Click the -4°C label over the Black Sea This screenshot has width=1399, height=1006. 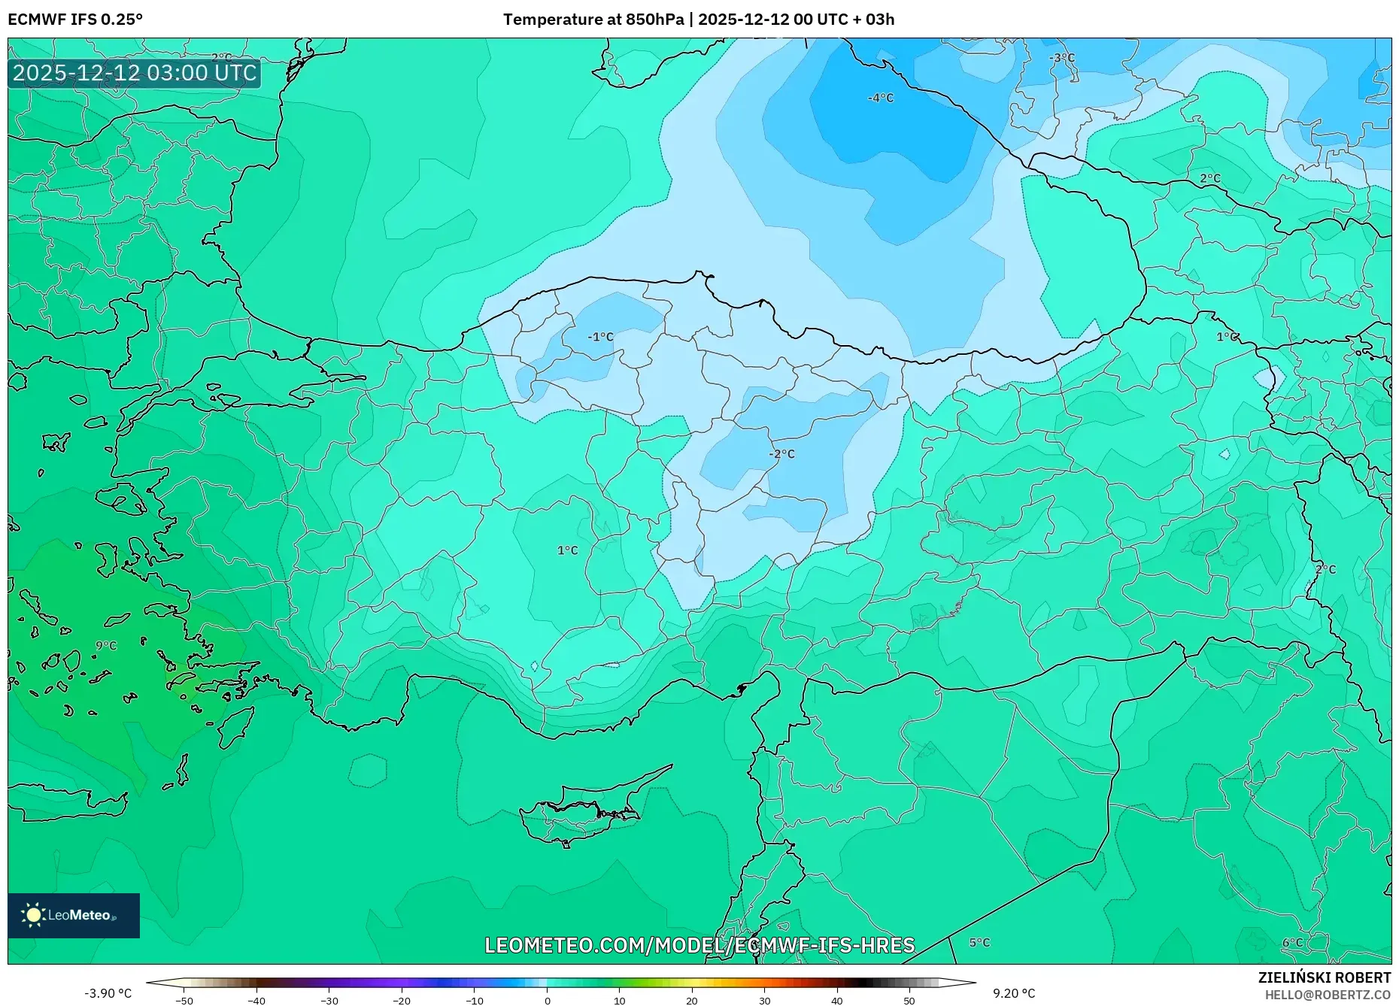(881, 98)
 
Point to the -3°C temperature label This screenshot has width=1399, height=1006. (1062, 58)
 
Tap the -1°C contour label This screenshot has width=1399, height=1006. (600, 337)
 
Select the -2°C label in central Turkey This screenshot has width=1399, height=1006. (781, 454)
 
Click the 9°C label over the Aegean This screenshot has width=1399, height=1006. (106, 646)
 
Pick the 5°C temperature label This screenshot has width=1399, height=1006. (979, 943)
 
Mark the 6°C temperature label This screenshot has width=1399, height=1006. (1292, 943)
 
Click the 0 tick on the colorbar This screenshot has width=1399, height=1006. (548, 1001)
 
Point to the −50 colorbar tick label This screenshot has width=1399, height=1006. (184, 1001)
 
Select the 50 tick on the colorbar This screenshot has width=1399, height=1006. (909, 1001)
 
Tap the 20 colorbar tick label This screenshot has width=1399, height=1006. (692, 1001)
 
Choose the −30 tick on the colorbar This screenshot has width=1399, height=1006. (329, 1001)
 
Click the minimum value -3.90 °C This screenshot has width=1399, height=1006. (108, 993)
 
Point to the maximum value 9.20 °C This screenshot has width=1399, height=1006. (1014, 993)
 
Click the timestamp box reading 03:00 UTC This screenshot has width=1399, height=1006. (135, 73)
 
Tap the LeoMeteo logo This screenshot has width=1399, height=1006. (74, 915)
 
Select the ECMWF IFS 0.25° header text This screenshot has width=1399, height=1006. (75, 20)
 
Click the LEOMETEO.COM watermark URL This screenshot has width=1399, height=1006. (699, 945)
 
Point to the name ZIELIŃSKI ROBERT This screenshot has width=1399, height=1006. (1324, 977)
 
